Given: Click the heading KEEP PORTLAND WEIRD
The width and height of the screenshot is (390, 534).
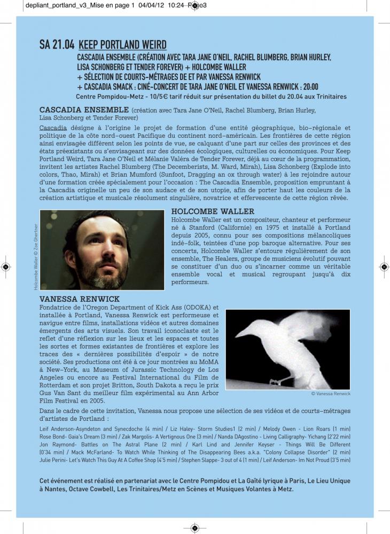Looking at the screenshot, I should [x=122, y=45].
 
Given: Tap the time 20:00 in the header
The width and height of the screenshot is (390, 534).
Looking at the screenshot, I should [x=308, y=87].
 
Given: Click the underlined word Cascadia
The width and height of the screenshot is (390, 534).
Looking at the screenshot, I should [x=53, y=128].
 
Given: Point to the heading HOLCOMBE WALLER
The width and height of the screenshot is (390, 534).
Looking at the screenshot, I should [x=213, y=211].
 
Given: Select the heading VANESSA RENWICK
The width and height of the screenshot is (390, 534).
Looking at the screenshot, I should [x=79, y=299].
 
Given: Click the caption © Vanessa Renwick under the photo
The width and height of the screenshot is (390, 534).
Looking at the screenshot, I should [x=331, y=394].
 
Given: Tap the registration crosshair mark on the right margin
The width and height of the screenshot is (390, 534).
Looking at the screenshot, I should [x=384, y=266].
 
